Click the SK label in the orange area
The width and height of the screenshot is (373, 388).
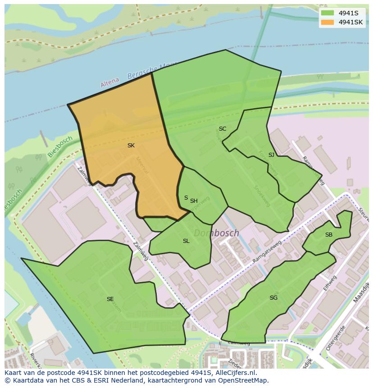tap(131, 146)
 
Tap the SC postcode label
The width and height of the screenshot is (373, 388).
tap(223, 129)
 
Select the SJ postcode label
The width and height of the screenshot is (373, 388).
tap(271, 155)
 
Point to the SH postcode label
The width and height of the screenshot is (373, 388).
tap(194, 201)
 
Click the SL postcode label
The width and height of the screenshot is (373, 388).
tap(186, 241)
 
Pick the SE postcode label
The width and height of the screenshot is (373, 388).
tap(110, 299)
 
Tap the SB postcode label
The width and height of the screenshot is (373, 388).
tap(329, 235)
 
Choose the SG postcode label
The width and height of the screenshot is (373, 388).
tap(273, 298)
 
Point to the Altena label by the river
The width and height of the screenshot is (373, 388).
tap(110, 82)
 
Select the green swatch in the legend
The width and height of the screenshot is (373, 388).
tap(328, 13)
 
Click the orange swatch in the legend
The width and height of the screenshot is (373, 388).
tap(328, 22)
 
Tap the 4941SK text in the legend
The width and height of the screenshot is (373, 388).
tap(351, 22)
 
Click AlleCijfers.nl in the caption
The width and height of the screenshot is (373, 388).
tap(235, 373)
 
